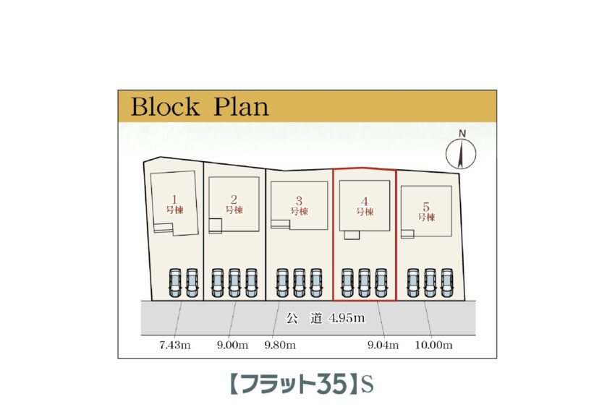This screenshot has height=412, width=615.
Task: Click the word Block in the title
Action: pos(165,107)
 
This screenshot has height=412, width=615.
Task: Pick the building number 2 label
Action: pos(234,204)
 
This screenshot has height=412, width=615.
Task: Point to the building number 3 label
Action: pos(299,205)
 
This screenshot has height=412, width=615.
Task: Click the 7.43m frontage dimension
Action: pos(174,346)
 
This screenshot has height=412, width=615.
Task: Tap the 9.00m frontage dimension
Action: pos(233,346)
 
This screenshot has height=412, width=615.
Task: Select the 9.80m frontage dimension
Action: pos(280,346)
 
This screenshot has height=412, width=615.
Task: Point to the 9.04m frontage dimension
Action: pos(383,346)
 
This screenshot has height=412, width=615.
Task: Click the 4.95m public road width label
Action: pos(346,318)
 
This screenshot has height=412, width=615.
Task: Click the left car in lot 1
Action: pos(175,283)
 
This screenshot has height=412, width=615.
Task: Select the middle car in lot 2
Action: pos(234,283)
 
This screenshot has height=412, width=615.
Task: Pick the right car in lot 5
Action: pos(446,283)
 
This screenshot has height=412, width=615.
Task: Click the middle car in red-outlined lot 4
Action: pos(364,283)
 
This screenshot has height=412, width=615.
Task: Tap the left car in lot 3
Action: pos(282,283)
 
